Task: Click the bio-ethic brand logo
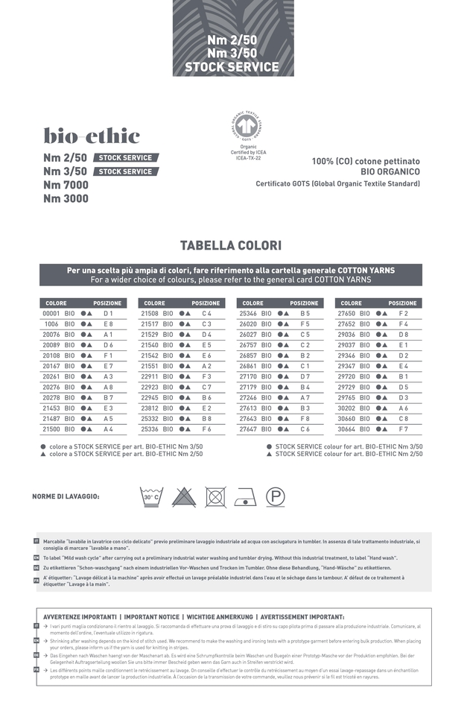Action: [92, 136]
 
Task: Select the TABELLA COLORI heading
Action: [231, 246]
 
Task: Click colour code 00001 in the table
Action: [52, 314]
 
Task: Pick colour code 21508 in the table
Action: [150, 314]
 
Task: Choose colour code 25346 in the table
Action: [248, 314]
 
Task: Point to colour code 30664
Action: [346, 430]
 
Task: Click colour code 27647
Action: [248, 430]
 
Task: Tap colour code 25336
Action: [150, 430]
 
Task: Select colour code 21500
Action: [51, 430]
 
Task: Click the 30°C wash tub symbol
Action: [151, 496]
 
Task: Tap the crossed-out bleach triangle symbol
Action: [184, 496]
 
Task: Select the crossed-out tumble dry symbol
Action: [216, 496]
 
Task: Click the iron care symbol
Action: [246, 497]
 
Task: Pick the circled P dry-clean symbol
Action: [276, 496]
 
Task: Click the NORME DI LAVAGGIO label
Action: [66, 496]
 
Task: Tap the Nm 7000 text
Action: [66, 185]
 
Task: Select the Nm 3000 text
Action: [66, 199]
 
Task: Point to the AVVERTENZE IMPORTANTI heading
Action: [80, 617]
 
